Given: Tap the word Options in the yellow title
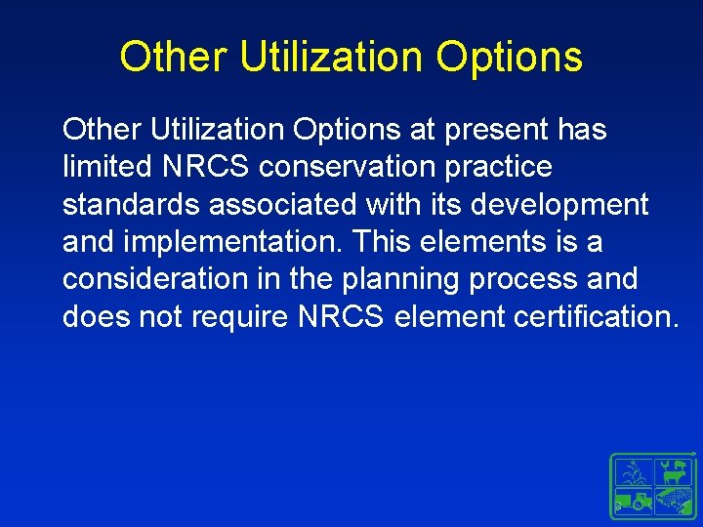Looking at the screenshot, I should click(x=509, y=57).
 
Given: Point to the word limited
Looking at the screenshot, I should click(x=105, y=167).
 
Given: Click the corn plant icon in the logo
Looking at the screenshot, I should click(x=633, y=473).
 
